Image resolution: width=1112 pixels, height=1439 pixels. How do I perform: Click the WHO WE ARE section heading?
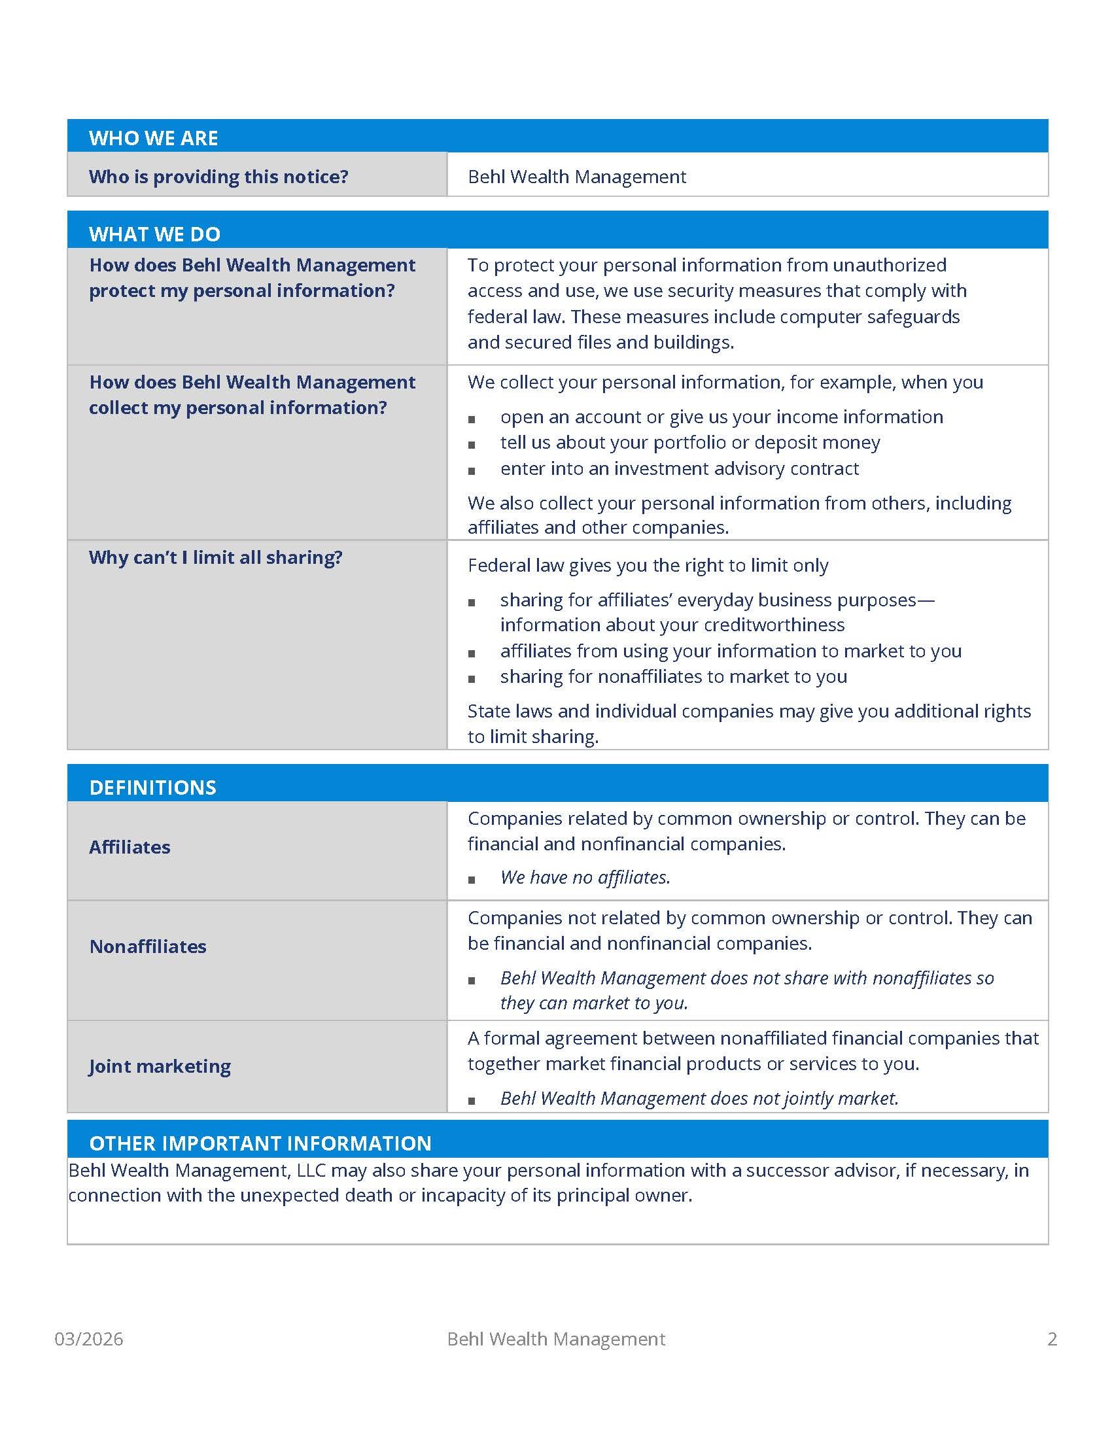click(153, 138)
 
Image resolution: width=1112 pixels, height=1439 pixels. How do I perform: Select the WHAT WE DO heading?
click(154, 234)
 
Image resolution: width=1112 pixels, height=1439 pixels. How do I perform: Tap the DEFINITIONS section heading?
click(152, 788)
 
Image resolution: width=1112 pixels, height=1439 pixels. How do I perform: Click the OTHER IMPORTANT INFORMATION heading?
click(260, 1143)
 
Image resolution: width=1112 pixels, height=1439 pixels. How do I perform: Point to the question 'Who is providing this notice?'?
click(218, 177)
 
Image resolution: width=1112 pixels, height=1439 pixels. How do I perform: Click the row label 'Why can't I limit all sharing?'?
click(215, 557)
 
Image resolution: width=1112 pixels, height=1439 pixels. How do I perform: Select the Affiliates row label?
click(129, 847)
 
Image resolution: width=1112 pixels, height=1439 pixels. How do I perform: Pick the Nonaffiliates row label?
click(148, 947)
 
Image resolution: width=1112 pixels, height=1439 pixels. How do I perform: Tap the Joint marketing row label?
click(160, 1067)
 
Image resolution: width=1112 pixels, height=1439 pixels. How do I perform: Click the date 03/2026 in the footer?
click(88, 1339)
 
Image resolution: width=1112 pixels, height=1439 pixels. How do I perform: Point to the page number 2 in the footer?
click(1052, 1339)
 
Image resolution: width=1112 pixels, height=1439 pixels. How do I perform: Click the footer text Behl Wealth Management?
click(556, 1339)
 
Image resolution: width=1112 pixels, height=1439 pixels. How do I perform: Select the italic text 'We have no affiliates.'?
click(585, 878)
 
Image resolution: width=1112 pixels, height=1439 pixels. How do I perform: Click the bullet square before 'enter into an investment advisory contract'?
click(472, 471)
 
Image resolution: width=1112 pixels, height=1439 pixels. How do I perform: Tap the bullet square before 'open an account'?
click(472, 419)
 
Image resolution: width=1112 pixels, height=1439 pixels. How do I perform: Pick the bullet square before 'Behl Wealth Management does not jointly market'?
click(472, 1101)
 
